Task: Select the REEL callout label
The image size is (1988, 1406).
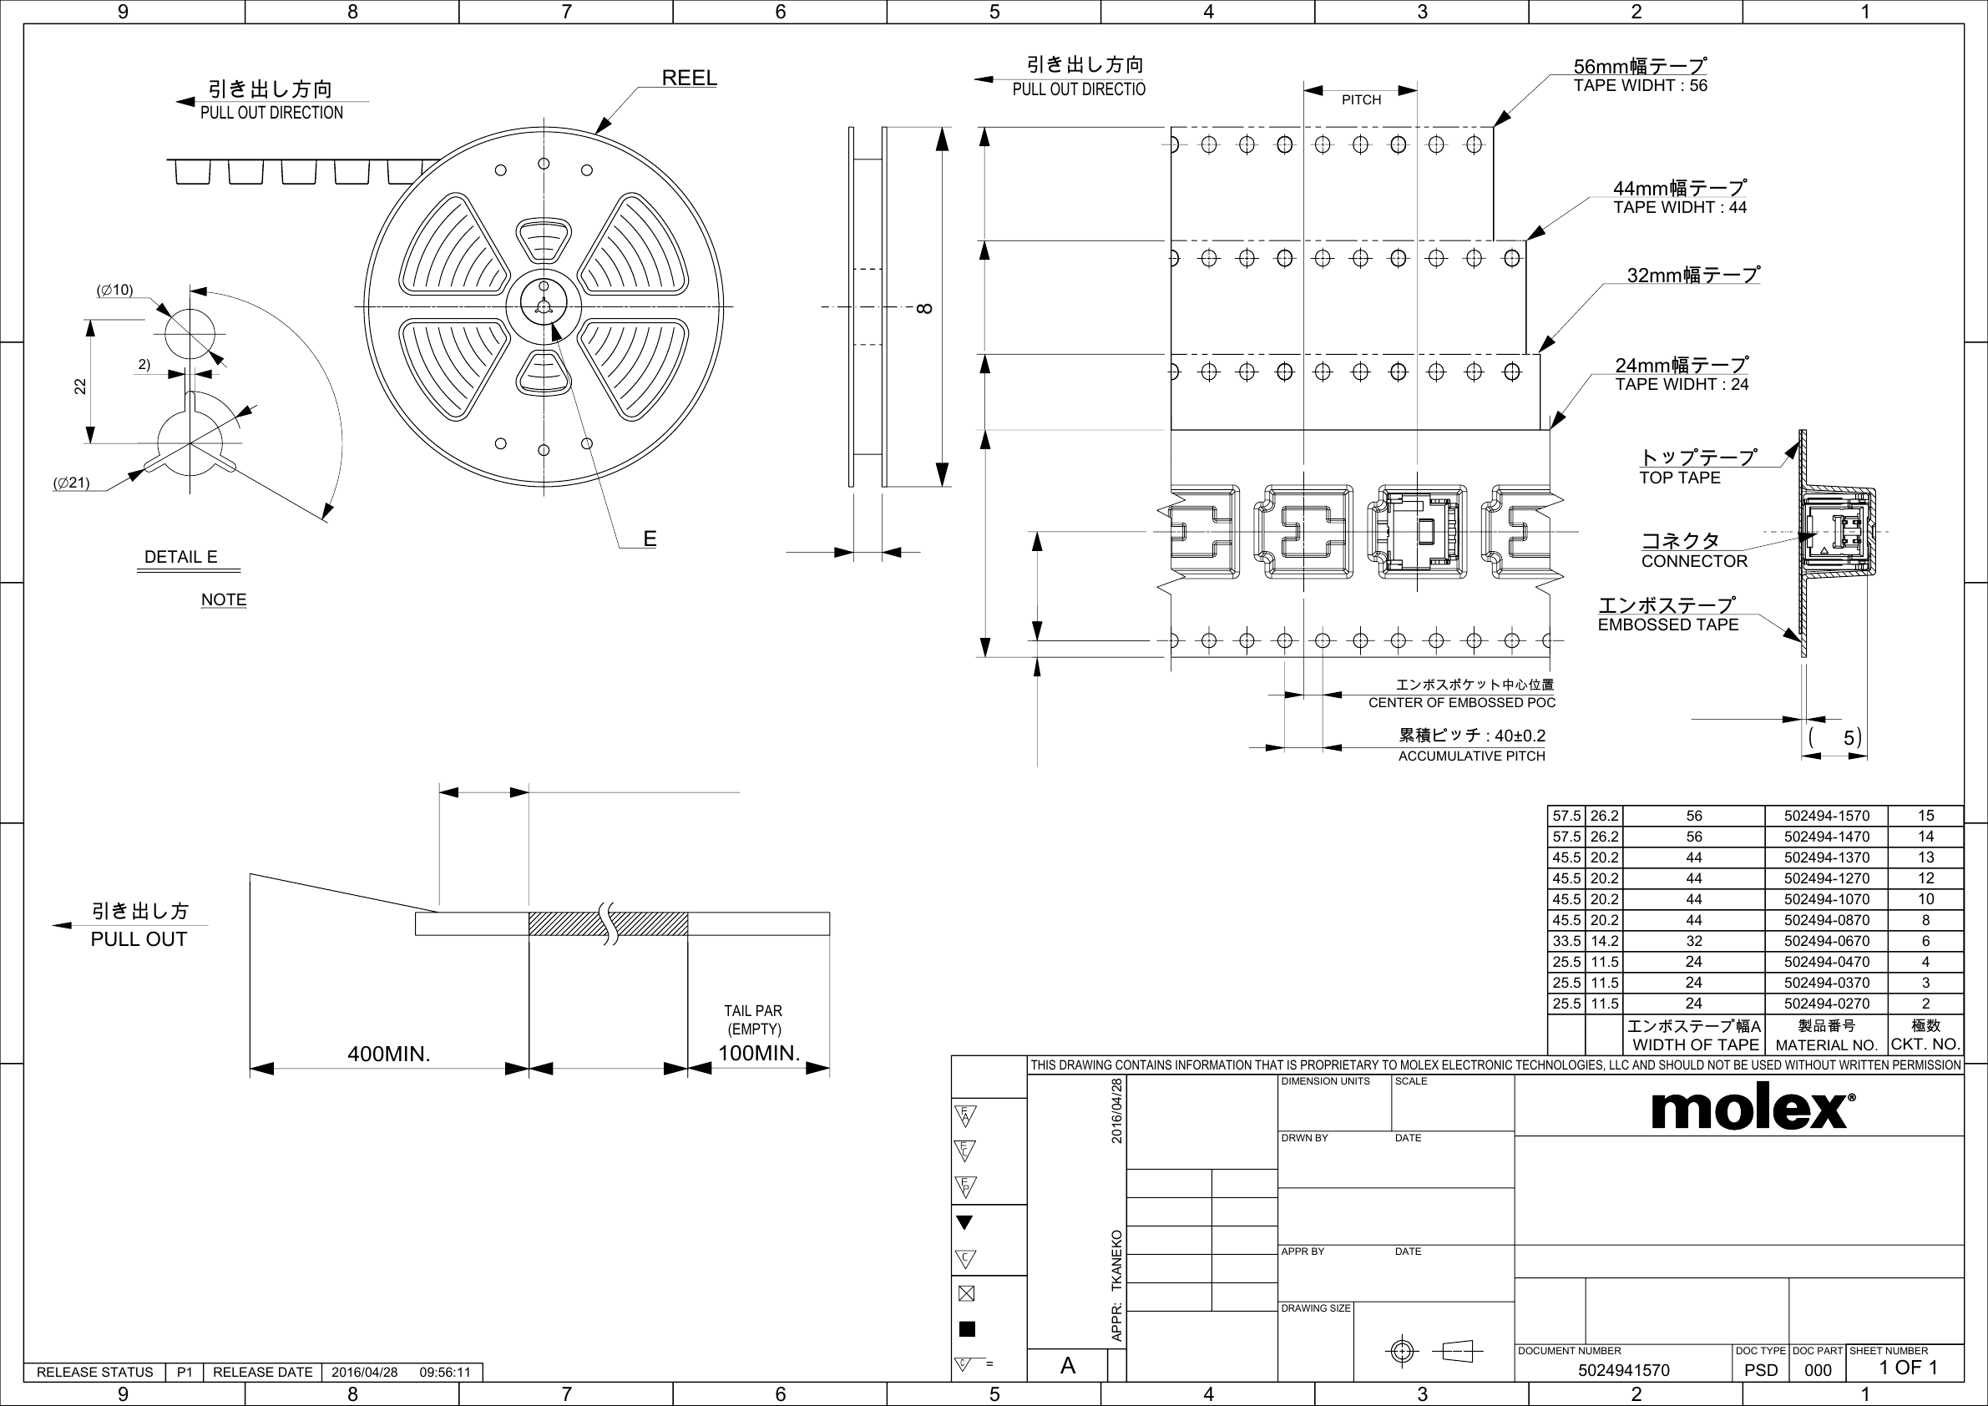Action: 689,78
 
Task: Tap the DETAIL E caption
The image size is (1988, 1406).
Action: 181,557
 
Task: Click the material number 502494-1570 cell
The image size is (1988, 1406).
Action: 1826,816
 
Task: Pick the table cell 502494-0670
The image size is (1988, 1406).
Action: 1826,941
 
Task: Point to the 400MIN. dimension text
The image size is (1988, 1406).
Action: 389,1054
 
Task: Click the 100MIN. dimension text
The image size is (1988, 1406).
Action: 759,1053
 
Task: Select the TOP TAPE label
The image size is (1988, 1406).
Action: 1680,477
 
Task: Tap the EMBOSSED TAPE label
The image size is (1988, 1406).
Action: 1667,625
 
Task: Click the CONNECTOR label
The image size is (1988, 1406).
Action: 1694,561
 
